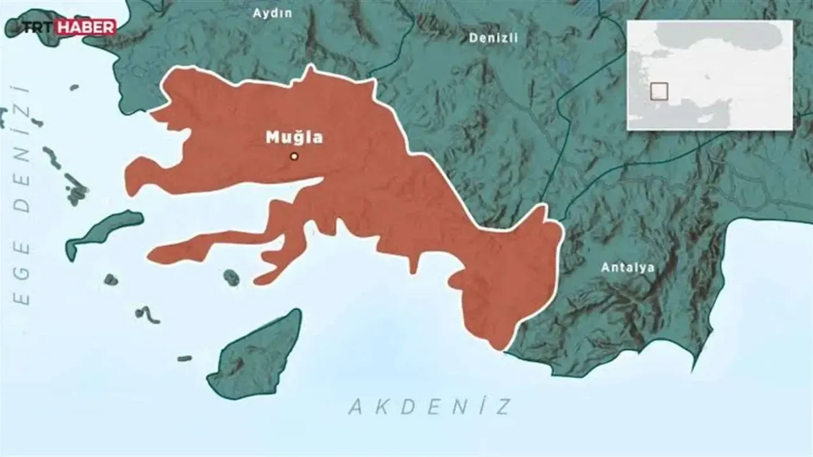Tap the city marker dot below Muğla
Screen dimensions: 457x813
294,156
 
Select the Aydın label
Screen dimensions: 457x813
272,13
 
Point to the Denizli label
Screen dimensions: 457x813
493,38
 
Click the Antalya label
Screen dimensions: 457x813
628,267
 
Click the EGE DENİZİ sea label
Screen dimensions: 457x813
23,194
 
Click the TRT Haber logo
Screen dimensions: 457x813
69,27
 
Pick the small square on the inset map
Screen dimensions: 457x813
659,92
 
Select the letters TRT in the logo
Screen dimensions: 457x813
40,27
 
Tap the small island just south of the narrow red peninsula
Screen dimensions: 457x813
231,276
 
